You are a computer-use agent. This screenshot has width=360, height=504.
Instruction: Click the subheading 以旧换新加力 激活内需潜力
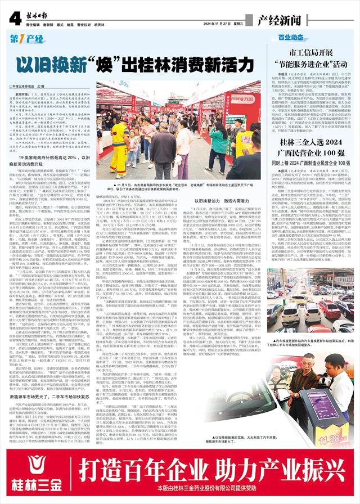[221, 201]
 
